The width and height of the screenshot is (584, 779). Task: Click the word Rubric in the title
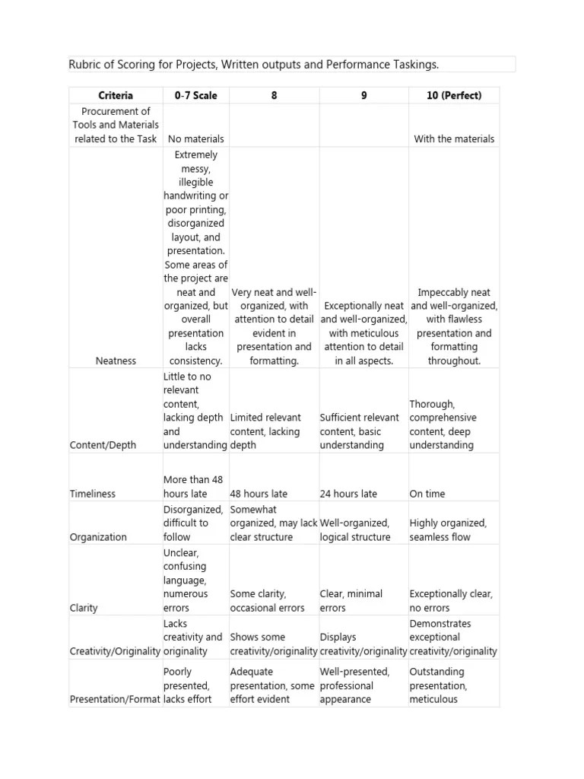click(x=85, y=65)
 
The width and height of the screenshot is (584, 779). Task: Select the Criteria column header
click(x=116, y=96)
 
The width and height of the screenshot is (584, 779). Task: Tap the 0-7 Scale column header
click(x=195, y=96)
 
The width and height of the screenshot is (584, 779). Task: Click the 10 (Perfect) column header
click(x=454, y=96)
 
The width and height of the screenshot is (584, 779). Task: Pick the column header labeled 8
click(x=274, y=96)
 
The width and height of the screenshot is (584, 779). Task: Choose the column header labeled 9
click(x=364, y=96)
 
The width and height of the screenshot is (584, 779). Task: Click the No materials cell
click(x=195, y=139)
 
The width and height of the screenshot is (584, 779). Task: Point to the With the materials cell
click(x=454, y=139)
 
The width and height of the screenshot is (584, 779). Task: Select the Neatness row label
click(x=116, y=361)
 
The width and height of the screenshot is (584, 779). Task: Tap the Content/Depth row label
click(x=103, y=445)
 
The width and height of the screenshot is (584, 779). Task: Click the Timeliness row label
click(x=93, y=494)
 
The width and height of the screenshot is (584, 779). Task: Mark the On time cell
click(x=427, y=494)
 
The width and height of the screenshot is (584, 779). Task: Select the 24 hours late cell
click(x=348, y=494)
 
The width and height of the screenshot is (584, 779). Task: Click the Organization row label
click(x=98, y=537)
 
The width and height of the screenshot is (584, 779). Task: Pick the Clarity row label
click(x=84, y=608)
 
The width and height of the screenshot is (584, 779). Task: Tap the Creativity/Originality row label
click(x=116, y=651)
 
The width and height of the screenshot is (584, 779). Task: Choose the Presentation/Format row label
click(x=116, y=699)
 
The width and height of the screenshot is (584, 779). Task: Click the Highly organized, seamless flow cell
click(x=448, y=530)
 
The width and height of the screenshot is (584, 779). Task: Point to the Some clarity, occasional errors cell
click(x=268, y=601)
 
